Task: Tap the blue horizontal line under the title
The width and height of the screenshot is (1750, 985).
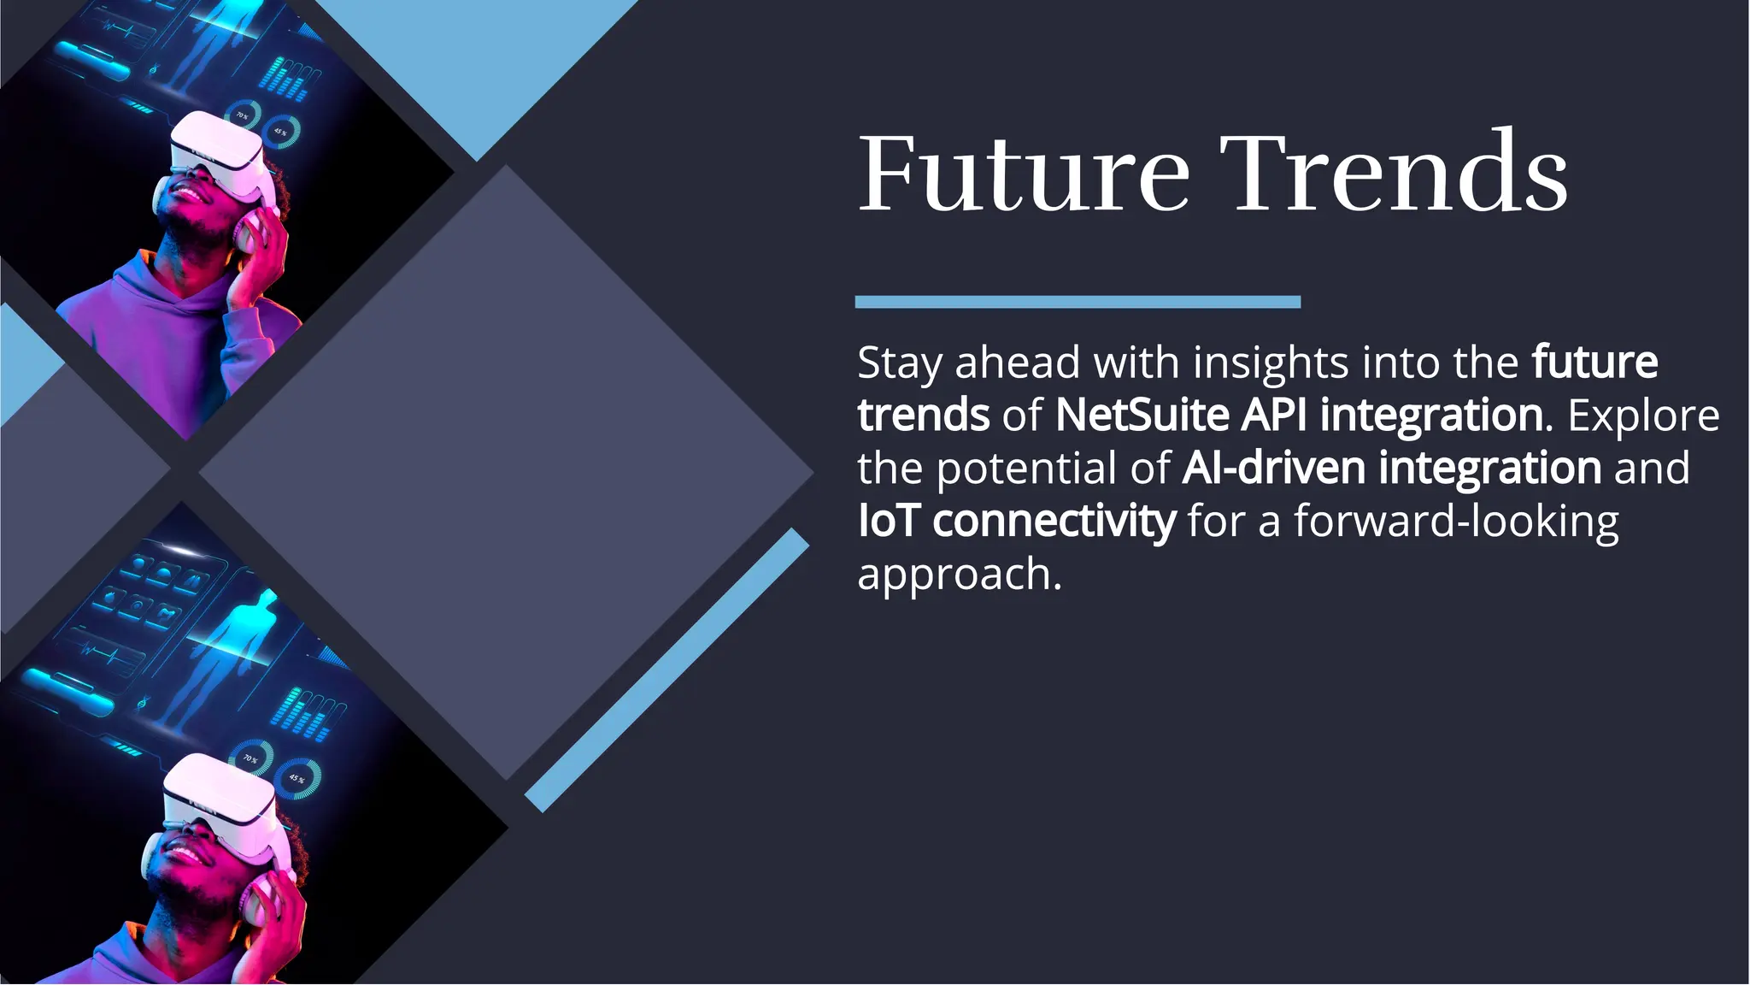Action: pyautogui.click(x=1077, y=302)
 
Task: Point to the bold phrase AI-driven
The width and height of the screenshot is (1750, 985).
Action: pyautogui.click(x=1273, y=469)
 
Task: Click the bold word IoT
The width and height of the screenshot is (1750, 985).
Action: pyautogui.click(x=889, y=521)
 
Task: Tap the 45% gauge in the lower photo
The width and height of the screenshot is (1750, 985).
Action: pyautogui.click(x=297, y=779)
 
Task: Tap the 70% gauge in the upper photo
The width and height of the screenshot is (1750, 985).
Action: pyautogui.click(x=243, y=115)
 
